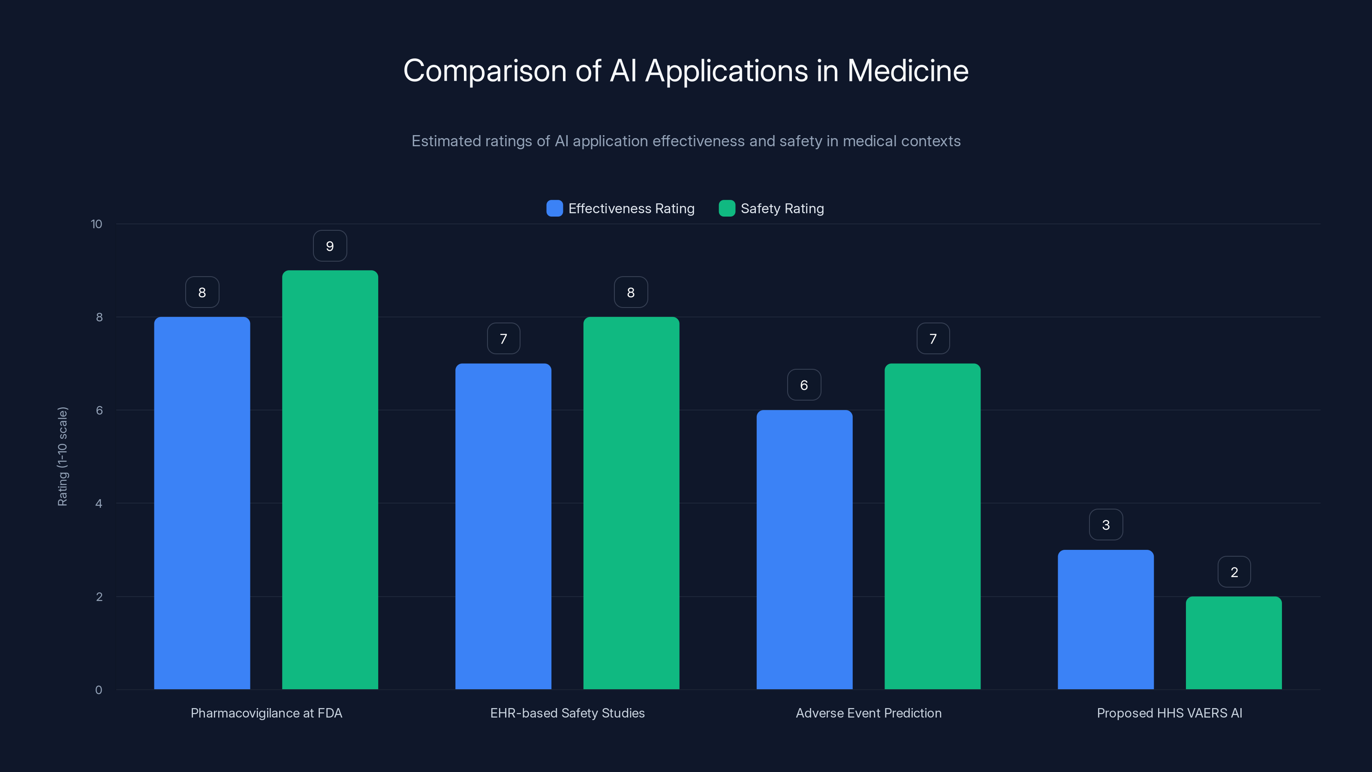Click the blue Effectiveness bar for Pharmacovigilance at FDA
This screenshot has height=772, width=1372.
click(x=202, y=503)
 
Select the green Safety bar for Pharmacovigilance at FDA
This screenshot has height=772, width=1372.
click(x=330, y=479)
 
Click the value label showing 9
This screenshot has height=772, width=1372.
click(x=330, y=246)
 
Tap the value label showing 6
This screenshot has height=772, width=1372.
click(x=804, y=385)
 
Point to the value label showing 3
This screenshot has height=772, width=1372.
click(x=1106, y=525)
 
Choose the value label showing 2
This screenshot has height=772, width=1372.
click(x=1234, y=572)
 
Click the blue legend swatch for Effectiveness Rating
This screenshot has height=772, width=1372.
click(x=554, y=208)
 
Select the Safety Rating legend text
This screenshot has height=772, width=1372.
click(x=782, y=208)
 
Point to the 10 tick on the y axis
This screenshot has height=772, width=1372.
click(x=96, y=224)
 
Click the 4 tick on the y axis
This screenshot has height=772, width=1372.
click(x=99, y=504)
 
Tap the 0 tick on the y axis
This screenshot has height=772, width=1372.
click(x=99, y=690)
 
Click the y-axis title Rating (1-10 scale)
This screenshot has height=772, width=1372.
click(x=62, y=457)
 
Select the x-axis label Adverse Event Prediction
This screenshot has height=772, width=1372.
click(x=868, y=713)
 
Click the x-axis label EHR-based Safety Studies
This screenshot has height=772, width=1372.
click(x=567, y=713)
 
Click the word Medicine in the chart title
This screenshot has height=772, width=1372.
click(x=908, y=71)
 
